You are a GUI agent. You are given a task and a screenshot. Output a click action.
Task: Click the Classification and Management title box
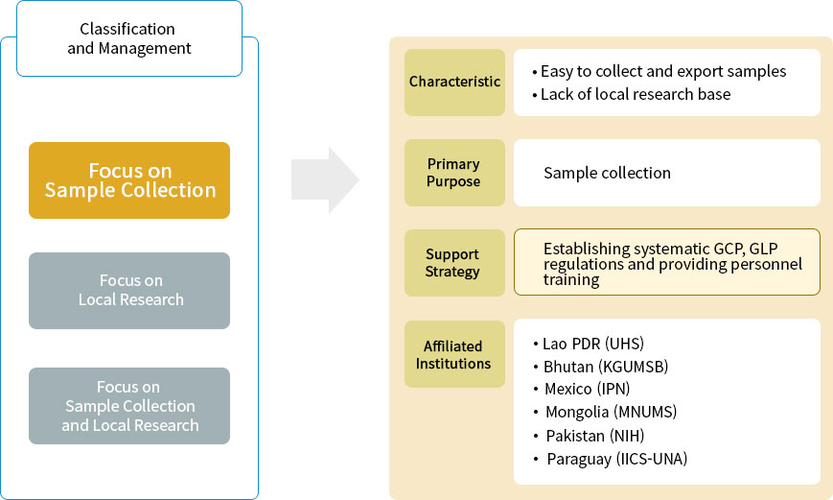pos(129,38)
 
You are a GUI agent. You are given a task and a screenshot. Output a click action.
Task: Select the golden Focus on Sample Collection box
pos(129,180)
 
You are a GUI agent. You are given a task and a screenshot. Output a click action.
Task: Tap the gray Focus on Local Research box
pos(129,290)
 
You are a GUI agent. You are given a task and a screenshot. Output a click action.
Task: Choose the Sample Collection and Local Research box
pos(129,406)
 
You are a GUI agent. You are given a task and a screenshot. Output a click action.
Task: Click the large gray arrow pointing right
pos(325,179)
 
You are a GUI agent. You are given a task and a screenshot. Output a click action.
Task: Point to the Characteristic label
pos(454,83)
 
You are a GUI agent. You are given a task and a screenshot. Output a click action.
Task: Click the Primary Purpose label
pos(454,173)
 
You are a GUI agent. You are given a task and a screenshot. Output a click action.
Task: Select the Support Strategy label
pos(454,263)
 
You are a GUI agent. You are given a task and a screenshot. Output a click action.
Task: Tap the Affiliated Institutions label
pos(454,354)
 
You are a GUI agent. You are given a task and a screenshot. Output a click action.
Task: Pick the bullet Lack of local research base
pos(636,94)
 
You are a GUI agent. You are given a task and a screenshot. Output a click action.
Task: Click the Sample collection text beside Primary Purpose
pos(607,173)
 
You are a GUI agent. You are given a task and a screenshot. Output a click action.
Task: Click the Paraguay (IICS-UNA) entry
pos(616,459)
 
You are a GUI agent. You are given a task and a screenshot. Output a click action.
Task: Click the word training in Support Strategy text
pos(571,280)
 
